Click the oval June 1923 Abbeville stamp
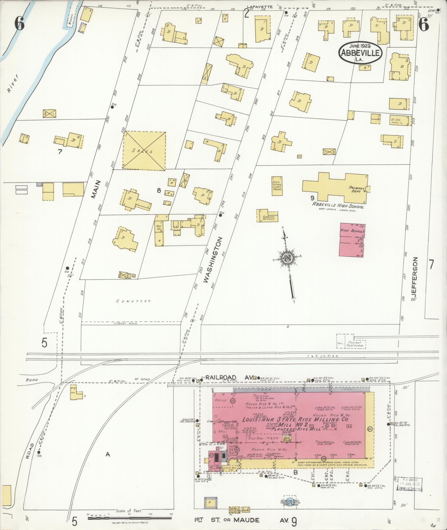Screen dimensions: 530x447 point(360,53)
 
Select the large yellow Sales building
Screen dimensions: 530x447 point(144,151)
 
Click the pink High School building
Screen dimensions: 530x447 point(351,240)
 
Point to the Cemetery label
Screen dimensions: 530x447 point(134,301)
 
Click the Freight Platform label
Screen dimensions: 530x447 point(356,344)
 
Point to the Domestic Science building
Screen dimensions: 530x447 point(268,216)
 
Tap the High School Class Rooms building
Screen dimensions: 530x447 point(277,186)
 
